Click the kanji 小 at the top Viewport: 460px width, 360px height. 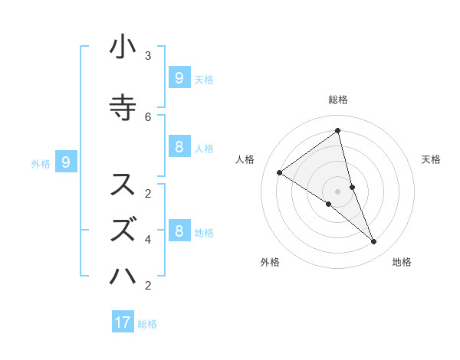coord(123,47)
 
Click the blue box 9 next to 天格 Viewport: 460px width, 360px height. coord(179,77)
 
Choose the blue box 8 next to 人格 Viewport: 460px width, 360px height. coord(179,147)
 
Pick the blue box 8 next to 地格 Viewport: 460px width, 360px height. coord(179,231)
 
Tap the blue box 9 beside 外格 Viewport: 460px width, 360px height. coord(66,162)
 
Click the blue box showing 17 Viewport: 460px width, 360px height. coord(123,322)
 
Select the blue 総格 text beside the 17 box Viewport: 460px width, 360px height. coord(147,324)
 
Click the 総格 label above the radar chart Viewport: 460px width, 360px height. coord(337,100)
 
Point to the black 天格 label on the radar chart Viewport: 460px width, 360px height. coord(431,159)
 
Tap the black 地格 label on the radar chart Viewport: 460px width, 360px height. coord(402,262)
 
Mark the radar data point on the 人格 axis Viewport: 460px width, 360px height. coord(279,172)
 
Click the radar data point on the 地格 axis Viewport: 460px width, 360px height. coord(374,241)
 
